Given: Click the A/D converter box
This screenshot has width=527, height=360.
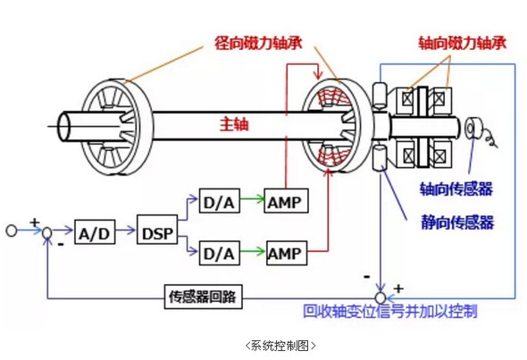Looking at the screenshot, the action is tap(95, 232).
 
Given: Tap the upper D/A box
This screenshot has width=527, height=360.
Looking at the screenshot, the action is tap(220, 201).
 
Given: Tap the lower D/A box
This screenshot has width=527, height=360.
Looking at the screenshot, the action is tap(220, 253).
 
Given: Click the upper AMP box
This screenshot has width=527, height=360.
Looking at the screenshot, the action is tap(286, 201).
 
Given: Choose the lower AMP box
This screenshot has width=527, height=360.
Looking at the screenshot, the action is tap(287, 253).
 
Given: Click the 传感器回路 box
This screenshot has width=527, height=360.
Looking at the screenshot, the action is tap(204, 297).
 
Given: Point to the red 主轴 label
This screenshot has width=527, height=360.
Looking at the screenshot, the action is tap(234, 124).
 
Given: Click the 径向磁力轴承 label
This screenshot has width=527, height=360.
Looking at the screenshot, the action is tap(258, 43).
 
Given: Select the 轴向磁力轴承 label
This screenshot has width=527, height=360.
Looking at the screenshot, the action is tap(463, 43).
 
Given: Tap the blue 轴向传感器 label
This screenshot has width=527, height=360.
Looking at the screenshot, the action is tap(456, 188).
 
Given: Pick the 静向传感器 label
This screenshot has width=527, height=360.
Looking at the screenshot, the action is tap(457, 222).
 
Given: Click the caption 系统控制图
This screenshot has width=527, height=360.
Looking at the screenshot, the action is tap(280, 345).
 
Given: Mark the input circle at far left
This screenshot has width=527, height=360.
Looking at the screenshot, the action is tap(12, 230).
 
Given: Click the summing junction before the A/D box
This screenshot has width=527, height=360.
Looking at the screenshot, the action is tap(47, 232).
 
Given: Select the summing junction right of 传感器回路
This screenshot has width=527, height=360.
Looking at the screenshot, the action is tap(381, 297).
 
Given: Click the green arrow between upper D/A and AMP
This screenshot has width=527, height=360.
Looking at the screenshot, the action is tap(252, 199).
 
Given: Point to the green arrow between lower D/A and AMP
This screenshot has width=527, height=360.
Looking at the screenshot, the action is tap(253, 251).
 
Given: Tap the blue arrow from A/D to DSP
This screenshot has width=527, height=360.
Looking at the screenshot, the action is tap(126, 230).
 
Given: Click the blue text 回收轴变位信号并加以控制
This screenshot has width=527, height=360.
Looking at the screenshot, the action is tap(389, 311).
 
